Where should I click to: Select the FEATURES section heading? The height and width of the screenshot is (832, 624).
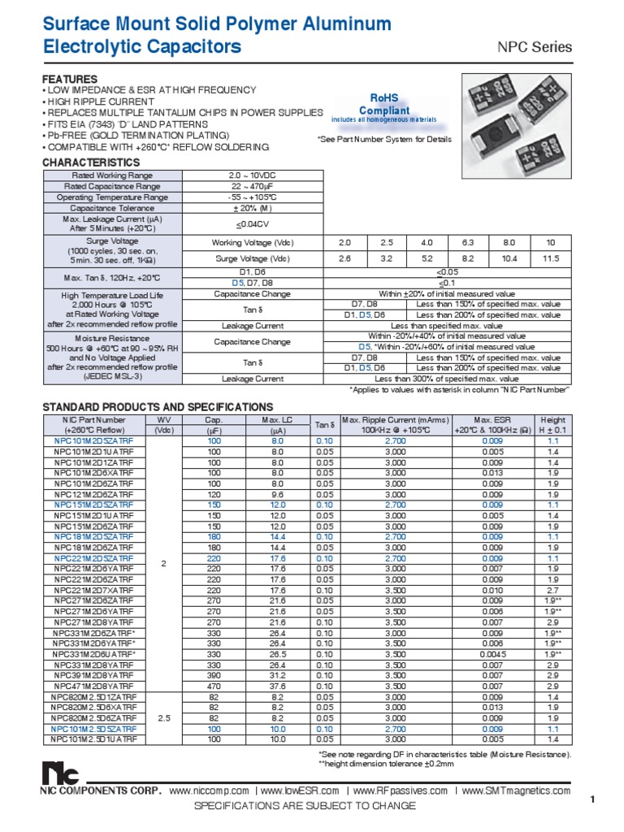tap(70, 79)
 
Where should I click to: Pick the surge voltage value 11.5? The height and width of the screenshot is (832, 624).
tap(551, 258)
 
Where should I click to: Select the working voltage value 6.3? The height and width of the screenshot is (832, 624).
tap(467, 243)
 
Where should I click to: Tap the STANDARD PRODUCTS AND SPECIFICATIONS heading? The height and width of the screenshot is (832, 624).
tap(157, 407)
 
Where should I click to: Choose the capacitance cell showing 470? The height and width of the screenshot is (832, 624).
tap(214, 687)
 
